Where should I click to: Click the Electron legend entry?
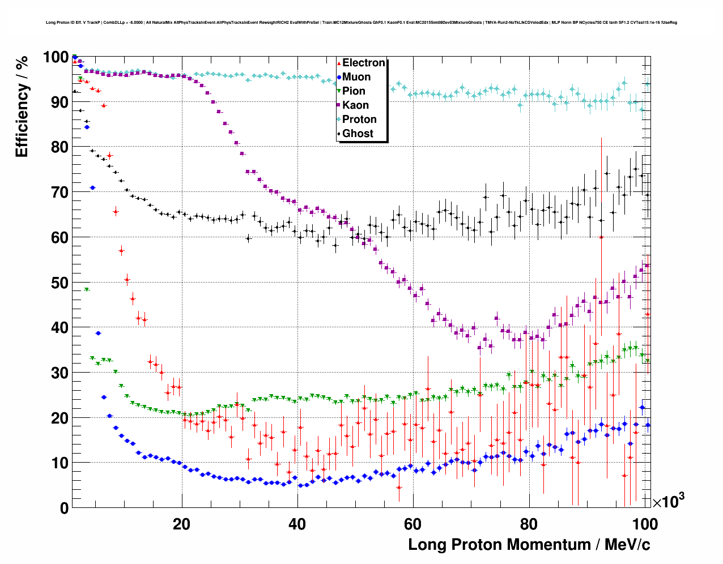pos(363,63)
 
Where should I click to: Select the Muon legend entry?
pos(356,77)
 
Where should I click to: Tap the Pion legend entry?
pos(354,91)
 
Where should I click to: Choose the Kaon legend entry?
pos(355,105)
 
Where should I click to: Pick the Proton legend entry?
pos(359,119)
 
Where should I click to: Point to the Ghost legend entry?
pos(358,134)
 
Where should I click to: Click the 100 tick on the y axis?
pos(56,57)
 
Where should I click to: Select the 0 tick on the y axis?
pos(64,508)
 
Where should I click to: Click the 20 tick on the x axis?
pos(181,524)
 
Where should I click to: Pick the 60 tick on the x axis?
pos(413,524)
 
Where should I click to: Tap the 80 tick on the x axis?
pos(529,524)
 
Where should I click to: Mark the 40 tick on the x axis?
pos(297,524)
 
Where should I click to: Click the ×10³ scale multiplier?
pos(668,501)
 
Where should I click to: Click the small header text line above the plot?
pos(361,23)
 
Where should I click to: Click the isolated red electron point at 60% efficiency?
pos(601,237)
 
